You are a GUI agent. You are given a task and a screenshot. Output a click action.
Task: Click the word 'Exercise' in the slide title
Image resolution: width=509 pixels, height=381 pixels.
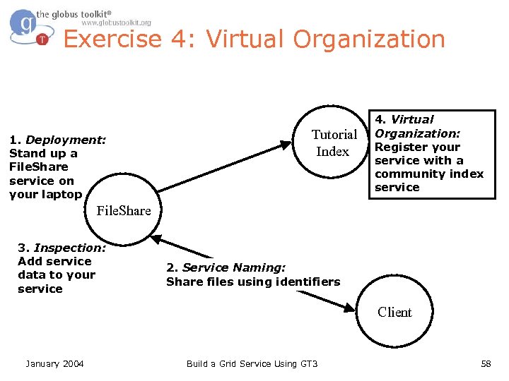tap(112, 40)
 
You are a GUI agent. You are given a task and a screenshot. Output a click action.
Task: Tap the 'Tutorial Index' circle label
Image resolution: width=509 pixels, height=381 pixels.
tap(334, 143)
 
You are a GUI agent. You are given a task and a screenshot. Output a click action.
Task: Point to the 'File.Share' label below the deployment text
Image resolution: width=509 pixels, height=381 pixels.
tap(124, 210)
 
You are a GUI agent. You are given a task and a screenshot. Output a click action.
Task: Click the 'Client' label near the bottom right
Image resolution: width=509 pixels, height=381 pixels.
tap(394, 312)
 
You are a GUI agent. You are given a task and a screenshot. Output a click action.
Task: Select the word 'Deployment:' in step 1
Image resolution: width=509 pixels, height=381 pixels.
tap(66, 140)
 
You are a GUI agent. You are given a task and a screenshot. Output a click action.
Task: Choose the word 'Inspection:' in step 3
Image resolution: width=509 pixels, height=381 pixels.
tap(70, 248)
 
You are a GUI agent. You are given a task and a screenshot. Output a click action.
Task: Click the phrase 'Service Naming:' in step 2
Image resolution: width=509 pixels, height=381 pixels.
tap(234, 267)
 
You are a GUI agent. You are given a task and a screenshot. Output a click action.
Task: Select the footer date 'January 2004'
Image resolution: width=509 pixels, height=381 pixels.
tap(54, 363)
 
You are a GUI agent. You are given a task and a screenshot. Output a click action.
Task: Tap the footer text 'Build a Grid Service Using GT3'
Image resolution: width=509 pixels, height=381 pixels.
tap(252, 363)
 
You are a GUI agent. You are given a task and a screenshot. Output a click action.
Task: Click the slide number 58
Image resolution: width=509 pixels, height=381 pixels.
tap(486, 363)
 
